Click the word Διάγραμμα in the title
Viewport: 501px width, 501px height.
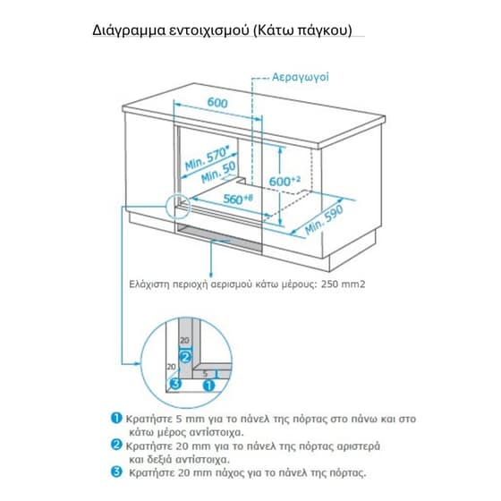click(129, 31)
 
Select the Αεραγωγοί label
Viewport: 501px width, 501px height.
click(300, 77)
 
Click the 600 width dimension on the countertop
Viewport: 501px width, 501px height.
click(217, 103)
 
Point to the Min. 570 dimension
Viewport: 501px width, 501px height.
click(208, 159)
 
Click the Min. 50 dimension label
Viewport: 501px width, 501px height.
click(219, 173)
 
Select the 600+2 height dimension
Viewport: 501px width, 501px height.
click(284, 181)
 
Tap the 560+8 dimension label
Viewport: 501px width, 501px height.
click(238, 199)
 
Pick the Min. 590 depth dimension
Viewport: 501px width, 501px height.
click(324, 219)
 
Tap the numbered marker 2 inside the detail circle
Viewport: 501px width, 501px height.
click(185, 357)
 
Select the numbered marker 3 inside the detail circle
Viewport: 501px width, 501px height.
click(175, 384)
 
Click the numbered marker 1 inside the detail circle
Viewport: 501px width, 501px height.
click(209, 386)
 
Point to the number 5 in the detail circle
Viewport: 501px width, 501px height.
click(205, 373)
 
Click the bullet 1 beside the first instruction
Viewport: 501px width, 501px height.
click(116, 418)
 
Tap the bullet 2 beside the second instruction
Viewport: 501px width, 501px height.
click(116, 445)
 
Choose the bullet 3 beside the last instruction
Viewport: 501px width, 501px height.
click(116, 471)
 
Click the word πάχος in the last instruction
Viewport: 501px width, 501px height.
click(231, 473)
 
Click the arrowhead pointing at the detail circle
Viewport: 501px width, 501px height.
click(138, 363)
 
